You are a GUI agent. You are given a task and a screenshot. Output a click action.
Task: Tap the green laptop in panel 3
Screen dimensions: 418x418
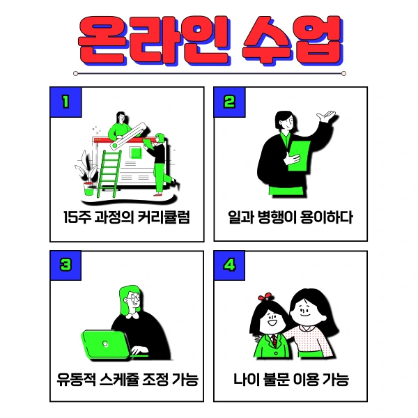click(x=104, y=343)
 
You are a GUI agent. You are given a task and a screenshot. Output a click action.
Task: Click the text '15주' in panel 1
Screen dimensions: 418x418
click(x=75, y=217)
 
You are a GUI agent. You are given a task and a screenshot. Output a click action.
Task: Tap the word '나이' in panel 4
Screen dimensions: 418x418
click(x=246, y=381)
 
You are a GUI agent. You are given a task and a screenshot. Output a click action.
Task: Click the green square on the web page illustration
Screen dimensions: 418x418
click(x=135, y=152)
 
